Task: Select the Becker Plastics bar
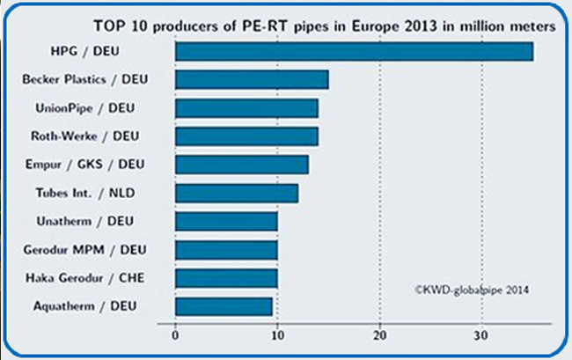click(252, 79)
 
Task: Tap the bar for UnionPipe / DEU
click(246, 108)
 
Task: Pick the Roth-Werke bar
click(246, 136)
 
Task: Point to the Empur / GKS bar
click(242, 165)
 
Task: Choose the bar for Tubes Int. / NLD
click(237, 193)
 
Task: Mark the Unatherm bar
click(226, 221)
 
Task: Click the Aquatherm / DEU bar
click(224, 306)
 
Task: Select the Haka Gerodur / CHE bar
click(226, 278)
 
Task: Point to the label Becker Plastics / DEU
click(85, 79)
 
